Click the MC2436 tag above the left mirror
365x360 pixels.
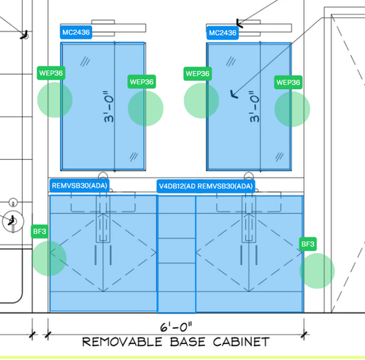[76, 32]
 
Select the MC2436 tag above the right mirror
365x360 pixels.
[223, 33]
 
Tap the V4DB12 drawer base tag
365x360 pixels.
[177, 186]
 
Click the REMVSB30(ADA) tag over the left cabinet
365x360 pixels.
[80, 186]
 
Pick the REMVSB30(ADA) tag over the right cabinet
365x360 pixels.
[226, 186]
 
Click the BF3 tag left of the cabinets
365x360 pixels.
[39, 231]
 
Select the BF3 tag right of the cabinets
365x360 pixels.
[308, 244]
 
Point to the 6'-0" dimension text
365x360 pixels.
[176, 326]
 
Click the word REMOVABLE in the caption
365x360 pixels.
[122, 342]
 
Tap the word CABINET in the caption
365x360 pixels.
[241, 342]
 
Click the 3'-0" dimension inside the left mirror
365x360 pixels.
[109, 107]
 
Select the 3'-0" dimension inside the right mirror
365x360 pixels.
[255, 107]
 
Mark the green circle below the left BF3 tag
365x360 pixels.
[49, 258]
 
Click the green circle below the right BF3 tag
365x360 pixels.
[317, 271]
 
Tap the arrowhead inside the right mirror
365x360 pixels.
[233, 93]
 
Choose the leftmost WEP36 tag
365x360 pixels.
[51, 73]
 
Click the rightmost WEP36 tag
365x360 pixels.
[288, 83]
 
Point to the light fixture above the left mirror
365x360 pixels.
[103, 28]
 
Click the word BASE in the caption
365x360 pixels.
[188, 342]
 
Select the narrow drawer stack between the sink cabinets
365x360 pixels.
[177, 254]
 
